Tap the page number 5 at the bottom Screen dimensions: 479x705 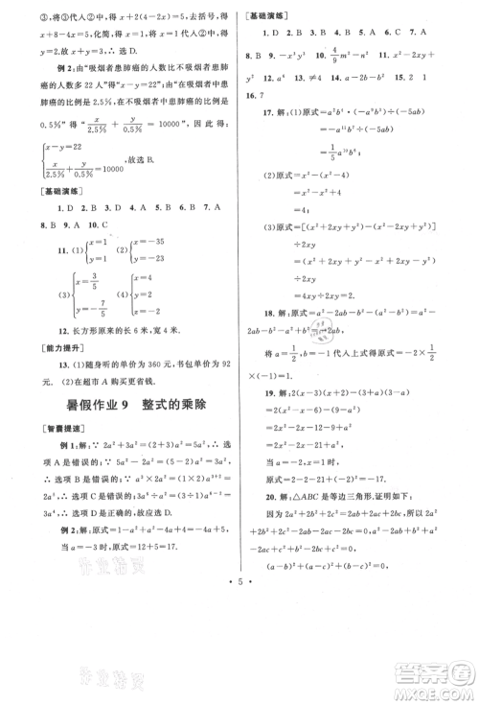240,687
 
